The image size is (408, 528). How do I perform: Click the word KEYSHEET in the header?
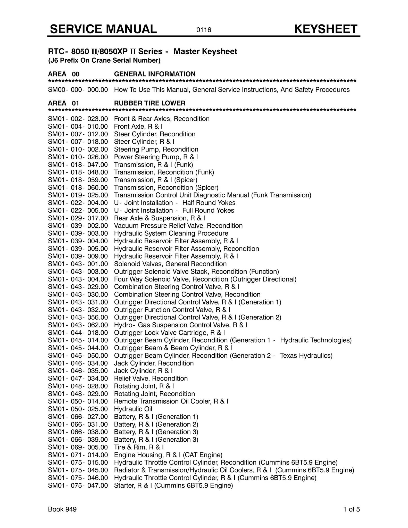[326, 29]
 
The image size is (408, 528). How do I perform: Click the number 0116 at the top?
[204, 30]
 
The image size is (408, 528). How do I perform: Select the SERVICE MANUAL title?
[103, 29]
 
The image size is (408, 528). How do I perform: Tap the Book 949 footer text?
[62, 509]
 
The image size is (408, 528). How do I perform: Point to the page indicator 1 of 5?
[351, 509]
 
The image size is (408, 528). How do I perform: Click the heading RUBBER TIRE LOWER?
[149, 103]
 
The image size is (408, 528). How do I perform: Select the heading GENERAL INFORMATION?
[155, 74]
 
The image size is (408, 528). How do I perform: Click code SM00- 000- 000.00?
[78, 90]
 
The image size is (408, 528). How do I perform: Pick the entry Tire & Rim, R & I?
[139, 447]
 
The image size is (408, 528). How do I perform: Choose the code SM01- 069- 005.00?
[78, 447]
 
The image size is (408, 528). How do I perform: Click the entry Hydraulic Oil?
[133, 409]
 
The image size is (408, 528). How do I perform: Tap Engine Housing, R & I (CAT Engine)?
[168, 455]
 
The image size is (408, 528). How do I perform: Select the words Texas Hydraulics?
[306, 356]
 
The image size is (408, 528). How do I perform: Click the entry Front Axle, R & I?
[138, 126]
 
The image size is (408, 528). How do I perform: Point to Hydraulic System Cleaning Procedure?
[171, 233]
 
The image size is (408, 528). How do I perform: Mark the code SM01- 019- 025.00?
[78, 195]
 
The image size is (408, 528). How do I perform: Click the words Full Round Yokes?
[208, 210]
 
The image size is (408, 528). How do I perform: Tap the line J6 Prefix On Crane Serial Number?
[104, 61]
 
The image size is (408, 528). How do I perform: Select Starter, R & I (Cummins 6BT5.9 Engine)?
[173, 485]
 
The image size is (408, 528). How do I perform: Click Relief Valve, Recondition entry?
[151, 378]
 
